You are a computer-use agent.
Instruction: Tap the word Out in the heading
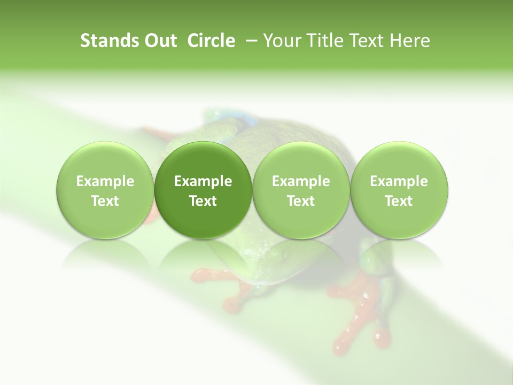coord(159,41)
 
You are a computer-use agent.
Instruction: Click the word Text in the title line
coord(366,41)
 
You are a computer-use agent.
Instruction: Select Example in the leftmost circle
coord(105,181)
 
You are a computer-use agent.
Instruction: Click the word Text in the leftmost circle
coord(105,201)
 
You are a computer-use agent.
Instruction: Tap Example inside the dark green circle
coord(203,181)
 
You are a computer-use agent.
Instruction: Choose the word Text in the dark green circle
coord(203,201)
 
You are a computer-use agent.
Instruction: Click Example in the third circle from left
coord(301,181)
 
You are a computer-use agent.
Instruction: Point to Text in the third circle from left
coord(301,201)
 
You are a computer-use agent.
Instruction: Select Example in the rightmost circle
coord(399,181)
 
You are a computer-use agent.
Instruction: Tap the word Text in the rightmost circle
coord(399,201)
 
